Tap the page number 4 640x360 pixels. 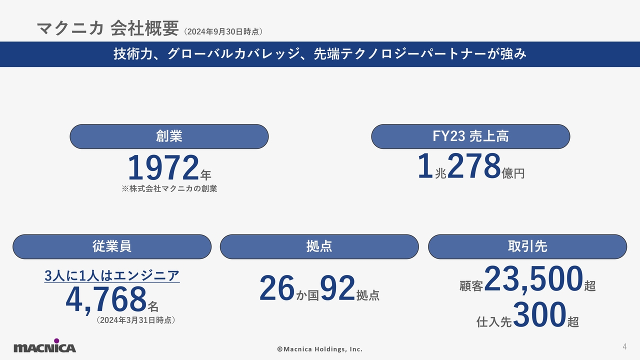tap(624, 346)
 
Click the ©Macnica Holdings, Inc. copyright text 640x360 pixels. tap(320, 349)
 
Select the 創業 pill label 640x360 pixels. tap(169, 136)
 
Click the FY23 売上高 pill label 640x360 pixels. tap(470, 136)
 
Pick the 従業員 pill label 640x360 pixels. tap(112, 246)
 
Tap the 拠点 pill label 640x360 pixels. tap(319, 246)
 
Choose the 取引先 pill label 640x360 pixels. tap(527, 246)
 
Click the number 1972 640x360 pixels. tap(163, 168)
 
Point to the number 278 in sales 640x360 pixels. tap(473, 166)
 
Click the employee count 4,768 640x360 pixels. tap(106, 299)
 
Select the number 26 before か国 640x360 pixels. tap(277, 289)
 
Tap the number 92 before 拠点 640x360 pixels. tap(337, 289)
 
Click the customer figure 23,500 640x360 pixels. tap(533, 279)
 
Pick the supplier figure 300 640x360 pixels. tap(539, 315)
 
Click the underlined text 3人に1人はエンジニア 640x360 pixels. tap(112, 275)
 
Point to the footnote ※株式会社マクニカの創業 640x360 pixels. tap(169, 189)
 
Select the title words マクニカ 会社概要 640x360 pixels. tap(107, 29)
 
